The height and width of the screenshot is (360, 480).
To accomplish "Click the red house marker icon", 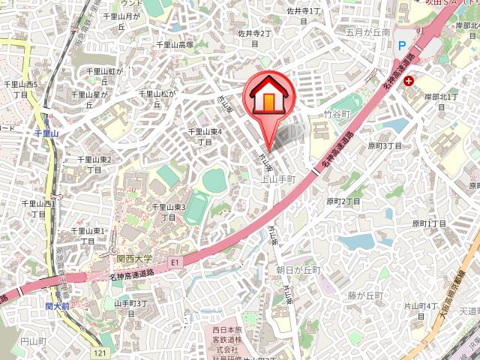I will point(267,96).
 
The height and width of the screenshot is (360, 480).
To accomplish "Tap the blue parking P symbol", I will point(402,45).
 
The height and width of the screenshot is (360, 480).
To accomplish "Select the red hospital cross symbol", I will point(408,80).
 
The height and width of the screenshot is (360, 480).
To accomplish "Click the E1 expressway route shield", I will point(175,262).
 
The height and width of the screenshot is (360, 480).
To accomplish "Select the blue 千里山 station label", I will point(51,133).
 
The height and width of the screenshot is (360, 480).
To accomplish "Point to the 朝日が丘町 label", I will point(298,270).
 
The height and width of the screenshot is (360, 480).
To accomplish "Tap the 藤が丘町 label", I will point(365,295).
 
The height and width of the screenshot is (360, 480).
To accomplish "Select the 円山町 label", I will point(34,341).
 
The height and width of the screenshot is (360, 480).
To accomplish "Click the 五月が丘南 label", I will point(368,33).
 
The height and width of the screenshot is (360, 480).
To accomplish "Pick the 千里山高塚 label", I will point(175,45).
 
